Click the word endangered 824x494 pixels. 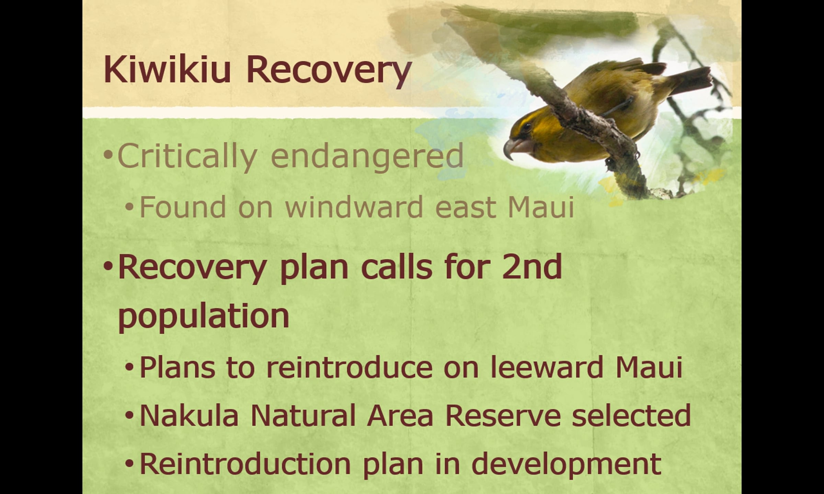click(x=367, y=156)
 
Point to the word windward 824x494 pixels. click(x=354, y=207)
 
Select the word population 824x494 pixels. click(x=204, y=316)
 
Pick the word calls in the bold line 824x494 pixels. click(x=397, y=267)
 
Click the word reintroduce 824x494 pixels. click(x=349, y=367)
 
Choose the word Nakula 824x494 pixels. click(x=189, y=415)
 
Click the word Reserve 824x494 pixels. click(x=503, y=415)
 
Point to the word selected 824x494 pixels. click(x=631, y=415)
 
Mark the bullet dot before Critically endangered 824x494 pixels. click(x=108, y=155)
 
